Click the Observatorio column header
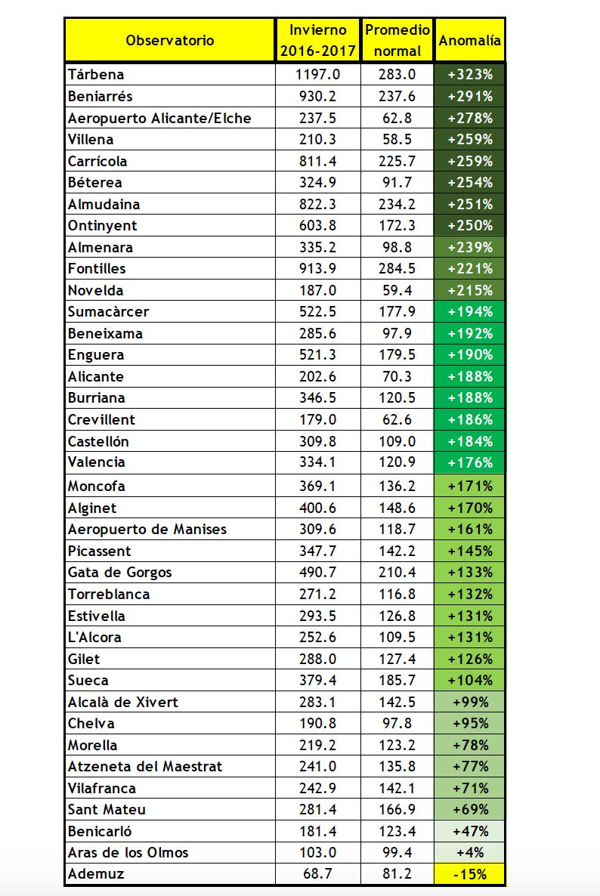pyautogui.click(x=170, y=40)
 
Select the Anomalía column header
pyautogui.click(x=469, y=40)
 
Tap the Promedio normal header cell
pyautogui.click(x=397, y=40)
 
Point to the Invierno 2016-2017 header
pyautogui.click(x=318, y=40)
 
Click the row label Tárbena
pyautogui.click(x=96, y=75)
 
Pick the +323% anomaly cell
pyautogui.click(x=469, y=75)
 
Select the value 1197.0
pyautogui.click(x=318, y=75)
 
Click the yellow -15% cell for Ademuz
pyautogui.click(x=469, y=874)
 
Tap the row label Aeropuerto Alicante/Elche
pyautogui.click(x=159, y=118)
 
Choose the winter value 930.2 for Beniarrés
pyautogui.click(x=318, y=96)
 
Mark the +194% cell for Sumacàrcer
pyautogui.click(x=469, y=312)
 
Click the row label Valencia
pyautogui.click(x=97, y=462)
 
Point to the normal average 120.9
pyautogui.click(x=397, y=462)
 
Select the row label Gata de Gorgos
pyautogui.click(x=120, y=572)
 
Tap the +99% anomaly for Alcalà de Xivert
pyautogui.click(x=469, y=702)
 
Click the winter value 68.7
pyautogui.click(x=318, y=874)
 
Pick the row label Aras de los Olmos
pyautogui.click(x=128, y=852)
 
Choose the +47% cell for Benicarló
pyautogui.click(x=469, y=831)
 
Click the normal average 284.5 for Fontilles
pyautogui.click(x=397, y=268)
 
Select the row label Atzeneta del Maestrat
pyautogui.click(x=145, y=766)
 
